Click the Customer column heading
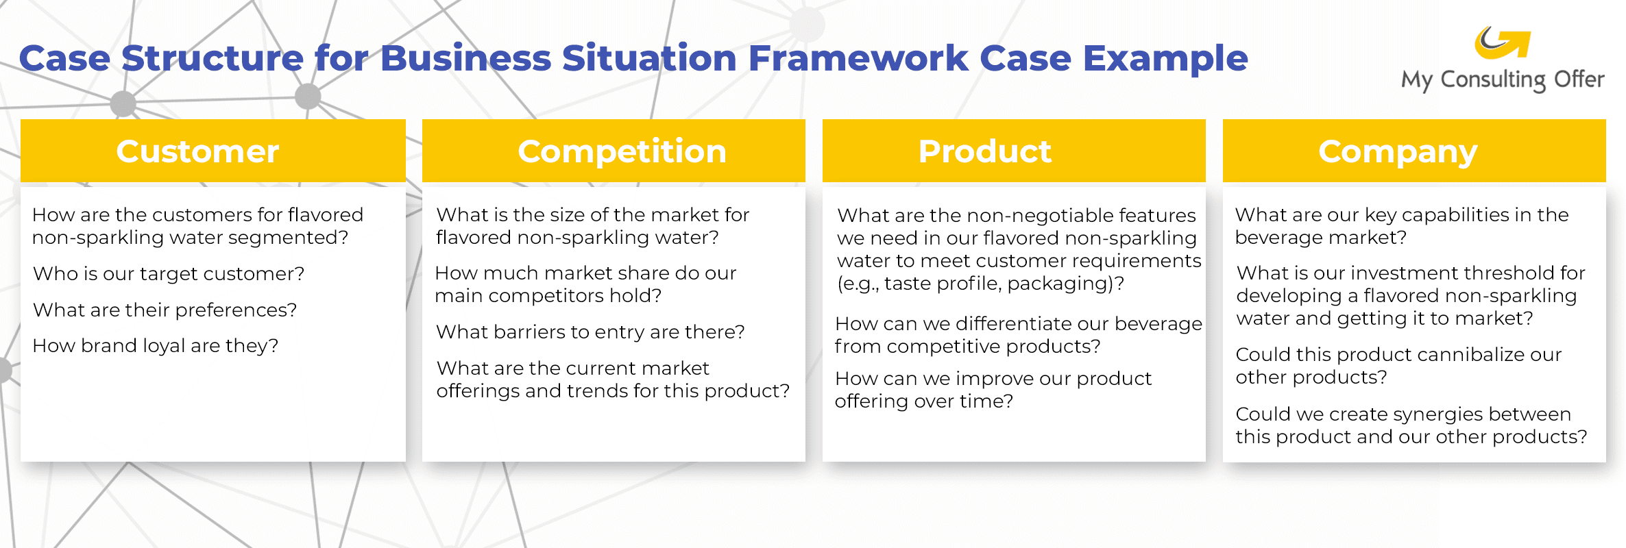[197, 151]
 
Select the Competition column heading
[622, 151]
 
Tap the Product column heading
[984, 151]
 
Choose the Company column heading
[1398, 151]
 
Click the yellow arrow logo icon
[1502, 43]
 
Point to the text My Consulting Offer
[1502, 79]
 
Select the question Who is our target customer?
[169, 273]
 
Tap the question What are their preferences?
[165, 310]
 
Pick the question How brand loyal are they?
[156, 345]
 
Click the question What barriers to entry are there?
[590, 332]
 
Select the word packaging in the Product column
[1056, 284]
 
